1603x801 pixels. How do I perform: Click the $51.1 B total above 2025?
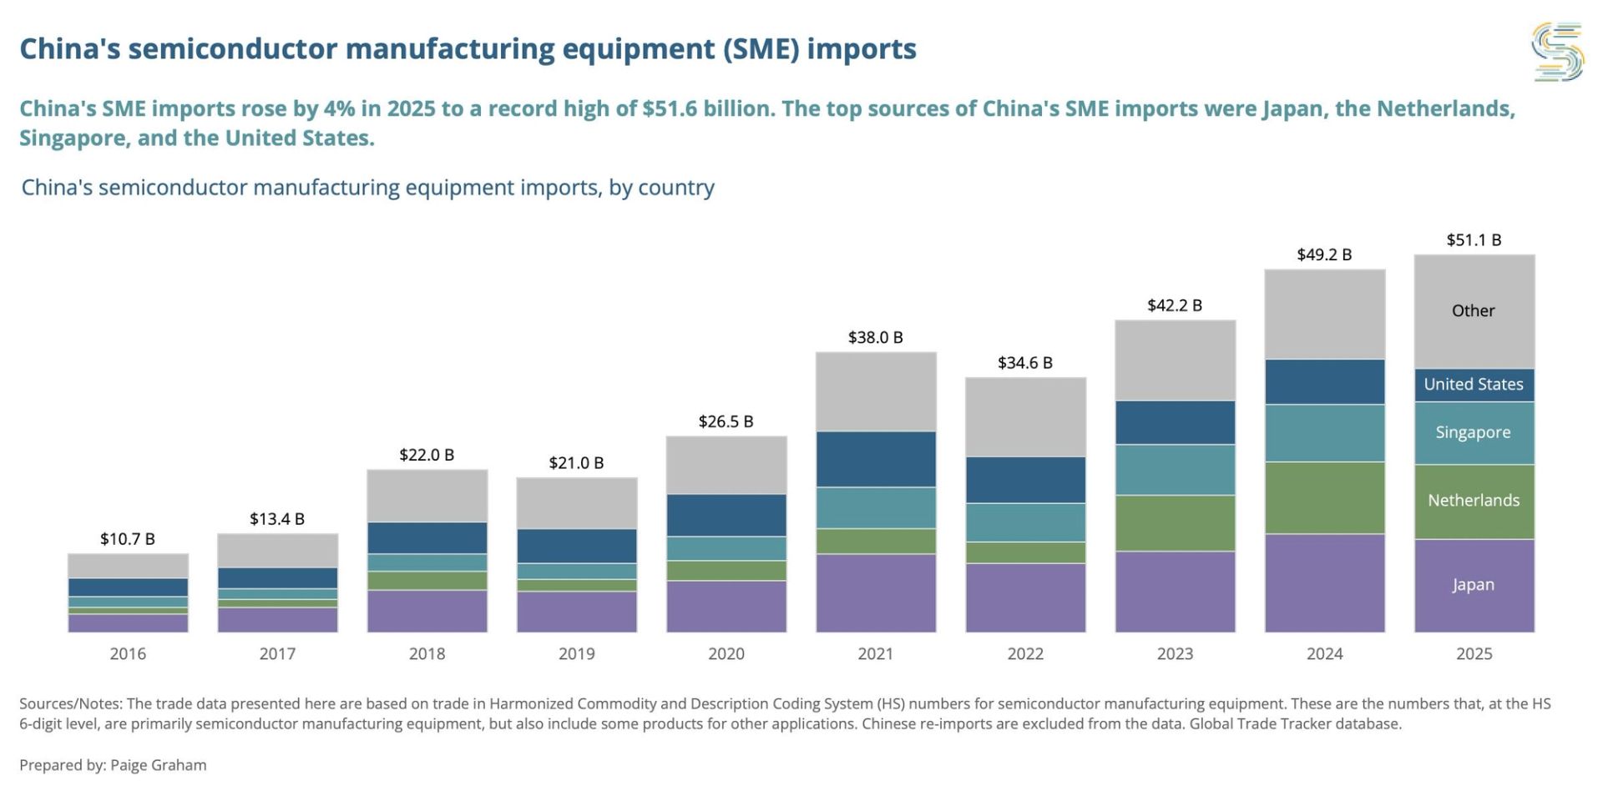pyautogui.click(x=1474, y=240)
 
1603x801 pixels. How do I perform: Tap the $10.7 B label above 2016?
pyautogui.click(x=128, y=539)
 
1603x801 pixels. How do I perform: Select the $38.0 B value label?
pyautogui.click(x=875, y=337)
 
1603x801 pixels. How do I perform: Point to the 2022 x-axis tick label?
pyautogui.click(x=1025, y=654)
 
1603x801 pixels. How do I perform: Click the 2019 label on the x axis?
pyautogui.click(x=576, y=654)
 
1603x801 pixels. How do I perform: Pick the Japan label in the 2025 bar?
pyautogui.click(x=1474, y=585)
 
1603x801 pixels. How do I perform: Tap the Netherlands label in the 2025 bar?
pyautogui.click(x=1474, y=500)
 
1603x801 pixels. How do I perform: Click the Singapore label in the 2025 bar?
pyautogui.click(x=1474, y=432)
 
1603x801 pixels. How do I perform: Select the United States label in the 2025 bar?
pyautogui.click(x=1474, y=384)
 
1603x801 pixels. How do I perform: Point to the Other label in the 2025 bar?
pyautogui.click(x=1474, y=310)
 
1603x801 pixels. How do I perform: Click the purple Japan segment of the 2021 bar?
pyautogui.click(x=876, y=593)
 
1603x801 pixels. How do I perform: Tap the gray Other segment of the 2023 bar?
pyautogui.click(x=1175, y=360)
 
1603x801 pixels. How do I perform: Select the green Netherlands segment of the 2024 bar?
pyautogui.click(x=1324, y=498)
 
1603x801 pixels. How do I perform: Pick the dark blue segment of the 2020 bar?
pyautogui.click(x=726, y=516)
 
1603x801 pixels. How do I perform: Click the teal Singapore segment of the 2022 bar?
pyautogui.click(x=1025, y=523)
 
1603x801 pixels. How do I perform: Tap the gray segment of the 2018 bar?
pyautogui.click(x=427, y=496)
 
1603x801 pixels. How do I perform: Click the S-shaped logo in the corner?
pyautogui.click(x=1558, y=52)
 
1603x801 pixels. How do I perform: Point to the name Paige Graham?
pyautogui.click(x=158, y=765)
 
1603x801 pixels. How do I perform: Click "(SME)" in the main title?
pyautogui.click(x=761, y=49)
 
